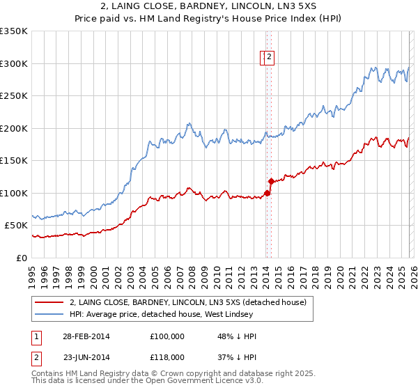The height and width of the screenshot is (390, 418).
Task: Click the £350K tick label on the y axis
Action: [15, 32]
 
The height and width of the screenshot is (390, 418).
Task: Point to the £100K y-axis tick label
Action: [14, 193]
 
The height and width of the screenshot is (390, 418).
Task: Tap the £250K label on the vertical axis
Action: [14, 96]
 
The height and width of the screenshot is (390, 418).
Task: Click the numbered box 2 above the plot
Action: [269, 58]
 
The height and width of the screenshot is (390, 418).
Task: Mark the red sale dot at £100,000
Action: [267, 193]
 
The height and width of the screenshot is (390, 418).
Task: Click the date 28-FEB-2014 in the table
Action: [86, 336]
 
